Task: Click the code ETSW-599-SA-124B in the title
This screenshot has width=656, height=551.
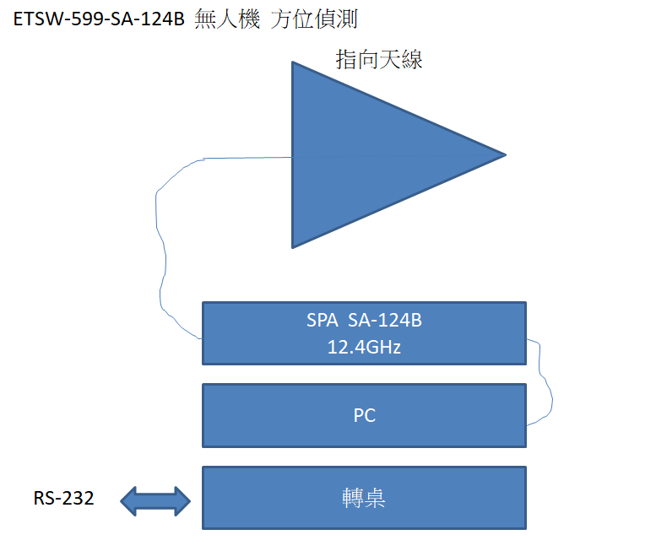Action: click(98, 20)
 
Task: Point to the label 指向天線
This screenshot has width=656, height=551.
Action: click(379, 59)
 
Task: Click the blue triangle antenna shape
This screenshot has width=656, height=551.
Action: click(363, 155)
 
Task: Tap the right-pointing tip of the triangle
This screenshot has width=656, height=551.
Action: click(502, 155)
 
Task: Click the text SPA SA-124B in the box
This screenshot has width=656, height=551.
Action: click(364, 321)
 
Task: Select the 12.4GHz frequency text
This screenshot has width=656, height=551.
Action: click(364, 345)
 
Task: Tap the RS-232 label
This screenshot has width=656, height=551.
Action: click(64, 499)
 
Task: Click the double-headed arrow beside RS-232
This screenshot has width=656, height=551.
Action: click(156, 500)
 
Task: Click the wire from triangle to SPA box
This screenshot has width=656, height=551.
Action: click(158, 245)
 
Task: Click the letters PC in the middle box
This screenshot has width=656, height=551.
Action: click(364, 415)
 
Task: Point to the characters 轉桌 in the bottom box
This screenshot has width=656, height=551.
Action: click(364, 498)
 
